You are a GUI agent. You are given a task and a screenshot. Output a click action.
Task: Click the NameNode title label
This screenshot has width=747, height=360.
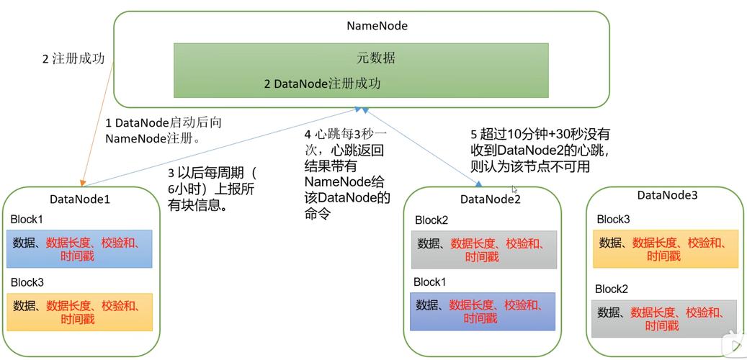pos(377,26)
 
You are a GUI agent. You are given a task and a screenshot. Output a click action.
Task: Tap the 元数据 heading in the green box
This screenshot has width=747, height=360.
pos(376,58)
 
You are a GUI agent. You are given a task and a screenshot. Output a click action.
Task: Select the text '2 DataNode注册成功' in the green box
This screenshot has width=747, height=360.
pos(322,84)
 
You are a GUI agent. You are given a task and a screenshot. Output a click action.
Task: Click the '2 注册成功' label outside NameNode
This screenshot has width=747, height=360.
pos(73,59)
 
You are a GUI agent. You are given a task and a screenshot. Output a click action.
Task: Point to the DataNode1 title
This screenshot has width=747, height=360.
pos(80,199)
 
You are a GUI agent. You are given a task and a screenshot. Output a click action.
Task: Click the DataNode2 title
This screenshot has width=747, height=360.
pos(490,199)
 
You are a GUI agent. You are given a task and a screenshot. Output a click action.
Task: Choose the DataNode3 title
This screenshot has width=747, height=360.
pos(667,195)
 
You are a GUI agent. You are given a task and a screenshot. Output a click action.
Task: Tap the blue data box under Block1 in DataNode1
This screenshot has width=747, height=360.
pos(80,249)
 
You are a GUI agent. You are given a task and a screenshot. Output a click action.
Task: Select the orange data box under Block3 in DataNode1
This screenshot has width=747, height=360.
pos(80,312)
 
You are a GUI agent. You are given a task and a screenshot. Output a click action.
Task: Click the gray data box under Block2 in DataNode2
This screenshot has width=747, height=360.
pos(483,250)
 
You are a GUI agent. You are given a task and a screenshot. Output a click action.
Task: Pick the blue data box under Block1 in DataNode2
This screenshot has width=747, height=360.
pos(483,311)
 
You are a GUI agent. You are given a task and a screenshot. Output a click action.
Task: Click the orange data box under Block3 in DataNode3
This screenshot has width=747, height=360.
pos(665,249)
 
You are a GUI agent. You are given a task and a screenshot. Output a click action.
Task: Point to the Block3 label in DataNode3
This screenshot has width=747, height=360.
pos(613,219)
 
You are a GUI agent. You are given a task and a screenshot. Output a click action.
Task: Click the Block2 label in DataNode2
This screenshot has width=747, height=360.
pos(431,220)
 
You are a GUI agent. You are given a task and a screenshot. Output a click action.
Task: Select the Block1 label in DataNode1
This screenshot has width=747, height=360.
pos(27,219)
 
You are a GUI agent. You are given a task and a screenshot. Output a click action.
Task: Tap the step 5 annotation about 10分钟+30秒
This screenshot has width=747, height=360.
pos(540,150)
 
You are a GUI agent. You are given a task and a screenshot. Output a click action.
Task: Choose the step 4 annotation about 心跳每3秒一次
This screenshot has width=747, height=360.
pos(346,174)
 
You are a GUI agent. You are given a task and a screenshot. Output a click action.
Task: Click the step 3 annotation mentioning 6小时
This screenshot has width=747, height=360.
pos(212,189)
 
